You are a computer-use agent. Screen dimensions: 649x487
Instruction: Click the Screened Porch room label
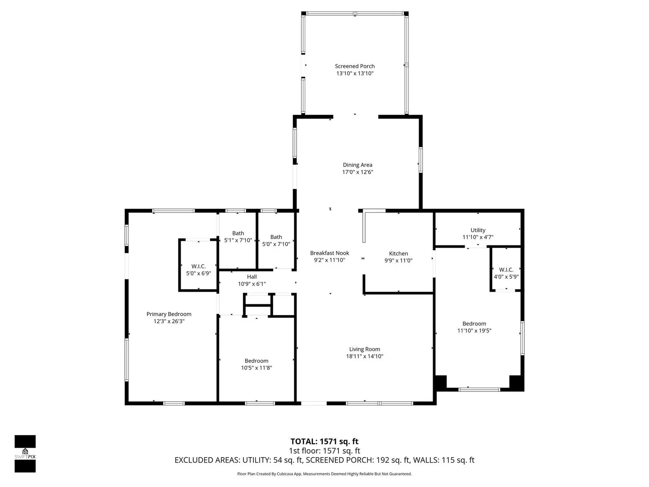[355, 66]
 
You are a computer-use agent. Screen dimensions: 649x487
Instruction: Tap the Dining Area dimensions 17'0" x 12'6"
[357, 172]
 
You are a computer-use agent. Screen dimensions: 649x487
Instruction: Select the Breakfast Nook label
[329, 253]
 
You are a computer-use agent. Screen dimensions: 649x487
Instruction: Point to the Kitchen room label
[398, 253]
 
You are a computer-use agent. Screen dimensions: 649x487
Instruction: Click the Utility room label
[478, 230]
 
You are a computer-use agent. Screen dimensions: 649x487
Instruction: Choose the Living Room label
[365, 349]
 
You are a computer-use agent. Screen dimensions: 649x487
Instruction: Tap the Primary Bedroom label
[169, 314]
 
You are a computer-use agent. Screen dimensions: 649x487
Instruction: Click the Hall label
[251, 277]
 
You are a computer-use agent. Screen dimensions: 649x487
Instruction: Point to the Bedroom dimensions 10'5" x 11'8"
[256, 368]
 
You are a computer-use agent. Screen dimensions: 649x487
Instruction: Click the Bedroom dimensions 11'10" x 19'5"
[474, 331]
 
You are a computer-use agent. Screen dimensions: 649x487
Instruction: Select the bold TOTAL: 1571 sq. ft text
[324, 441]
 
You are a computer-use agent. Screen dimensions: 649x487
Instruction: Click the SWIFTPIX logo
[25, 454]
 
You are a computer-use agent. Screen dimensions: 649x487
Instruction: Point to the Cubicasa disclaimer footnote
[324, 474]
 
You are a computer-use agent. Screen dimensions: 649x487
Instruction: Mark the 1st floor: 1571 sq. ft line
[324, 450]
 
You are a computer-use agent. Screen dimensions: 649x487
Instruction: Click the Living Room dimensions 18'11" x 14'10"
[365, 356]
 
